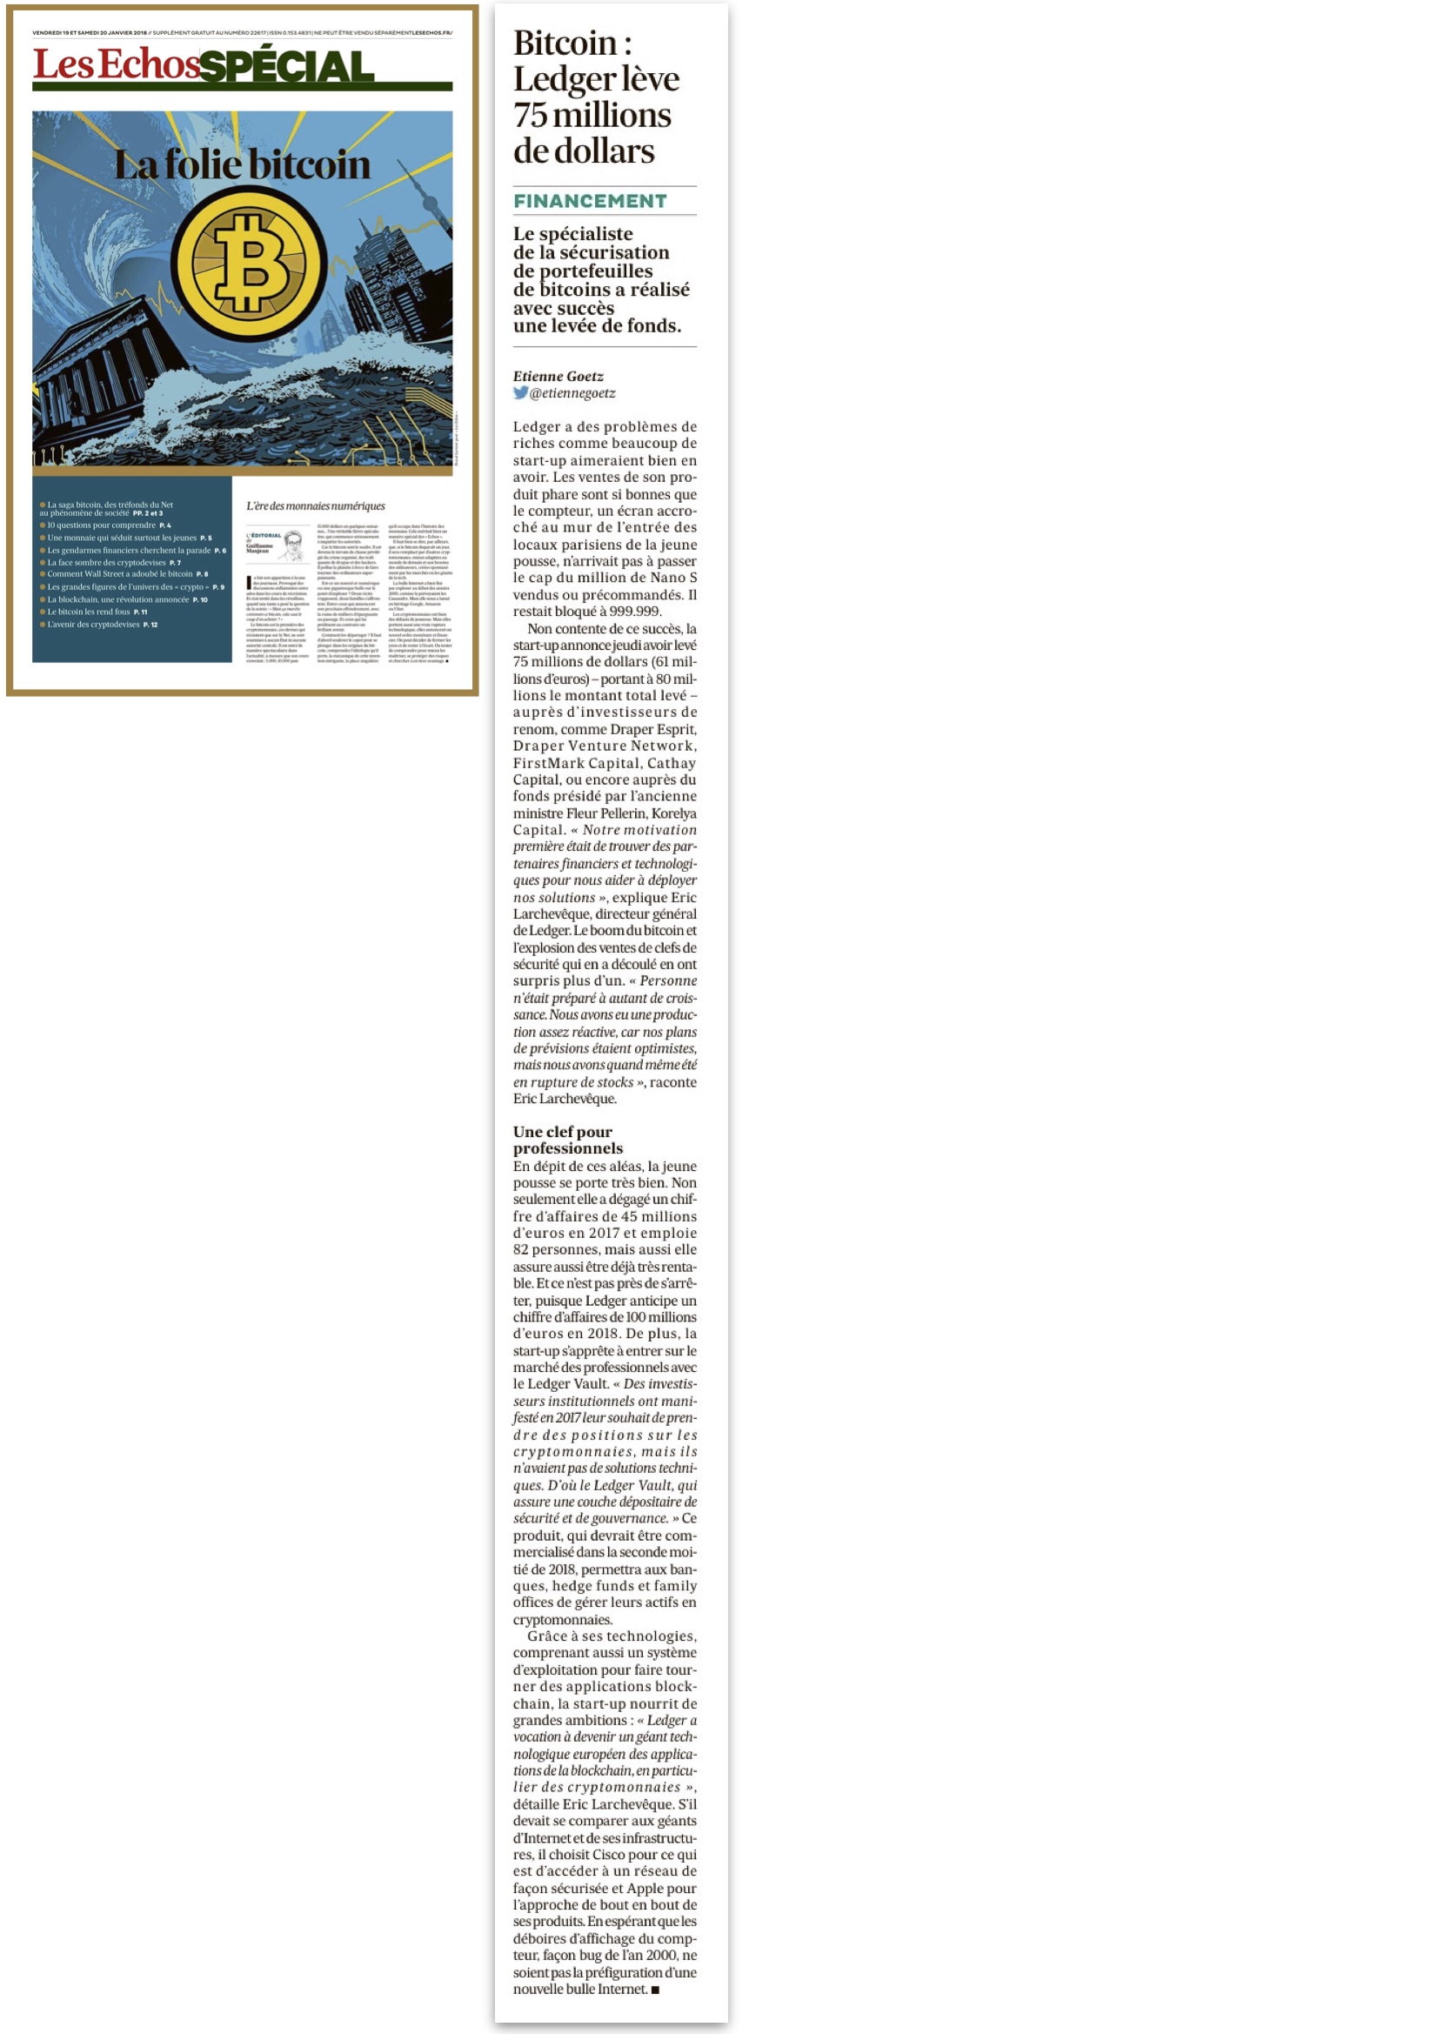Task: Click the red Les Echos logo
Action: point(116,64)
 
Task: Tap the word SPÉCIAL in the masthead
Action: point(286,67)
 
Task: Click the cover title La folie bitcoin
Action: point(242,164)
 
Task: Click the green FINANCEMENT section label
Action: point(590,201)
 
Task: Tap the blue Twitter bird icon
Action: point(520,392)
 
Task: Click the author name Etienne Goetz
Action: point(558,377)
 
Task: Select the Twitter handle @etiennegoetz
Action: point(572,393)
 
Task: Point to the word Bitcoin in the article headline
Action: point(565,43)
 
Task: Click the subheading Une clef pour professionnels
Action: point(567,1140)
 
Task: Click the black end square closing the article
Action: point(656,1990)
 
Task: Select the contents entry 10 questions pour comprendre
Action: point(102,525)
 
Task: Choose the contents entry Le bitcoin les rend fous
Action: point(90,612)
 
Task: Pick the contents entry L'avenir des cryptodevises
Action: point(94,625)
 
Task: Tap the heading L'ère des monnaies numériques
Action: point(316,505)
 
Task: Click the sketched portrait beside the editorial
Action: point(293,544)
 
